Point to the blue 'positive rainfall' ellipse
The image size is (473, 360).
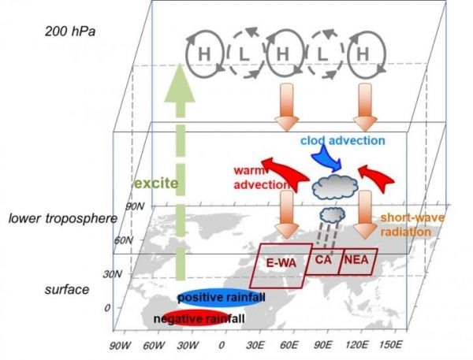[225, 295]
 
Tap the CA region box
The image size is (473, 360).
[322, 259]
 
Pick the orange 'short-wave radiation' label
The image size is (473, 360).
[405, 226]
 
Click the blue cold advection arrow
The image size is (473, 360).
[327, 160]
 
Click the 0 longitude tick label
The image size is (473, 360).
[222, 345]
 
